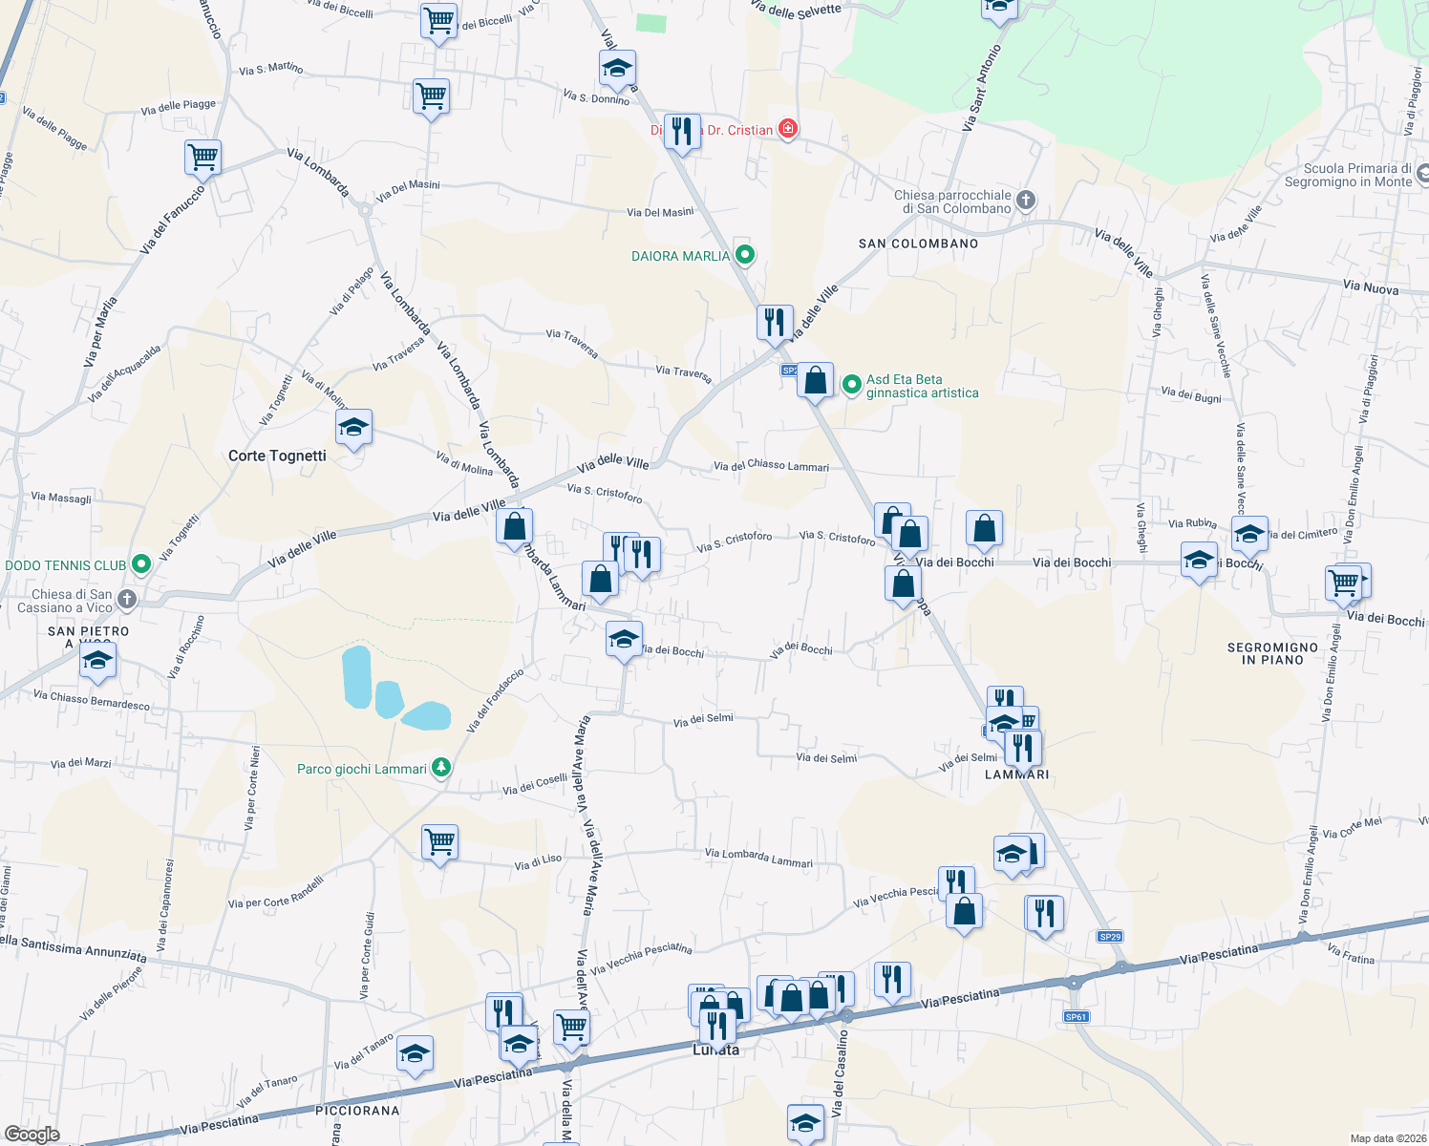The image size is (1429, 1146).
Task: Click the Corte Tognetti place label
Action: [277, 456]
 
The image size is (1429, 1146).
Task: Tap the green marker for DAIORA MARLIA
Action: [746, 255]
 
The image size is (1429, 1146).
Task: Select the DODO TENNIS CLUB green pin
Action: [141, 564]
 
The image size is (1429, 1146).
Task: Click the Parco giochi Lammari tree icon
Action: [440, 768]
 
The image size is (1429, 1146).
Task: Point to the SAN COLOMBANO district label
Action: [918, 244]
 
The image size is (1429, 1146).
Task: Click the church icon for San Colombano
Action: [1026, 200]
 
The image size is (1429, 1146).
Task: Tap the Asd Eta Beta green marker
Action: [851, 384]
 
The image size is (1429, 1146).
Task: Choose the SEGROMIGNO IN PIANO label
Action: [1272, 653]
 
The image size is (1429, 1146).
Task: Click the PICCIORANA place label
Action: [357, 1111]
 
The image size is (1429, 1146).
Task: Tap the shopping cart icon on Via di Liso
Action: [439, 841]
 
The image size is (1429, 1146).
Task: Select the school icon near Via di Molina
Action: [353, 427]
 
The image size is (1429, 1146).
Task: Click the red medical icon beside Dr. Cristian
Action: [788, 128]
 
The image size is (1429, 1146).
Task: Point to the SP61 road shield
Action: [1076, 1017]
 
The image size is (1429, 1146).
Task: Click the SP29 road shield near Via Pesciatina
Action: [1110, 937]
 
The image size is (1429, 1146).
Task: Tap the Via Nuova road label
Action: [1370, 287]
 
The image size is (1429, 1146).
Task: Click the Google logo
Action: [32, 1134]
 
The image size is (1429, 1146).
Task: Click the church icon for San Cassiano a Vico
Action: [127, 600]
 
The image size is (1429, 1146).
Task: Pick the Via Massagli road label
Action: [61, 498]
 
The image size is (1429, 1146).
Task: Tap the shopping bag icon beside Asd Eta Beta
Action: [815, 380]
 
